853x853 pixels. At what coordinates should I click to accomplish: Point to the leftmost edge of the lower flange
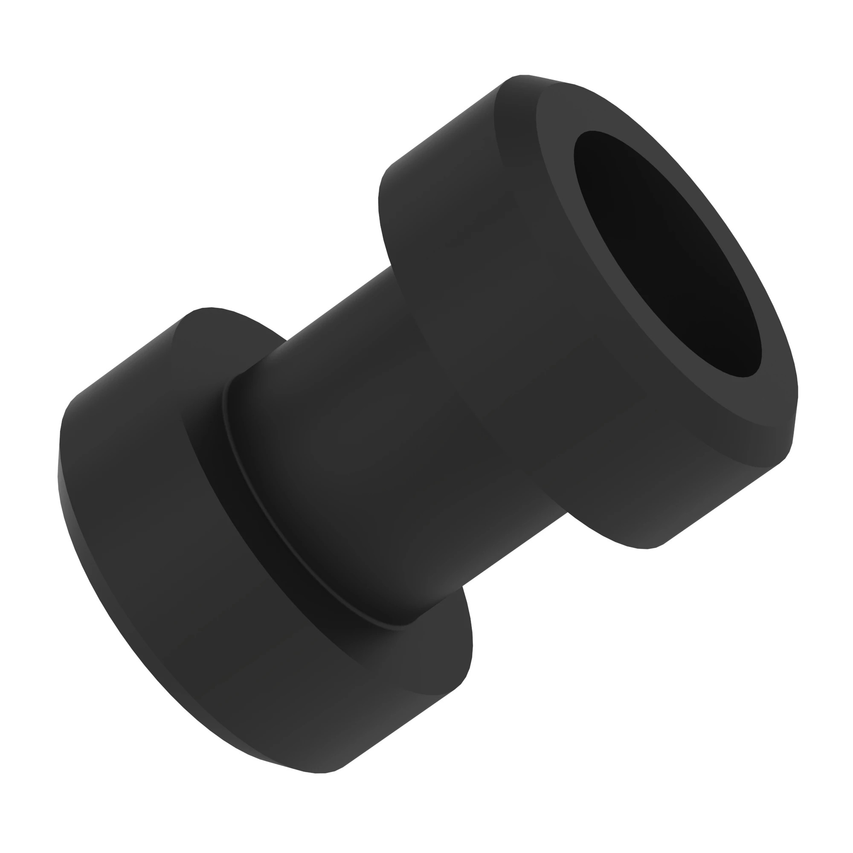(x=58, y=464)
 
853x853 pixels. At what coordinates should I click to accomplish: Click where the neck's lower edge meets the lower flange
(x=461, y=587)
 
